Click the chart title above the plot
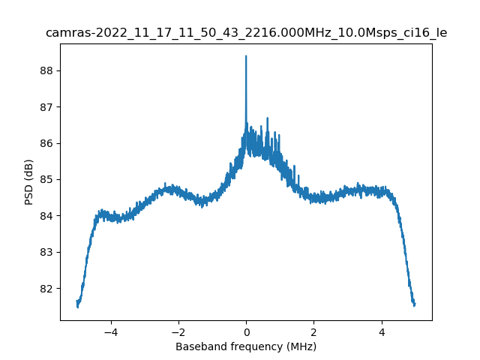click(x=246, y=33)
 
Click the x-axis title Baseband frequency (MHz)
click(x=246, y=346)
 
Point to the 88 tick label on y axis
click(x=45, y=70)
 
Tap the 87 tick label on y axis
click(x=45, y=107)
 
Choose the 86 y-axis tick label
click(x=45, y=143)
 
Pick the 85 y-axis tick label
click(x=45, y=179)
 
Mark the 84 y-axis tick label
click(x=45, y=216)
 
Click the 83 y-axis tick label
click(x=45, y=252)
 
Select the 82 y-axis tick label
click(x=45, y=288)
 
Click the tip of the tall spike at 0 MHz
click(x=246, y=56)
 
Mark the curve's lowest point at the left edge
click(x=77, y=307)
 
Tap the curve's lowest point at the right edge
click(x=414, y=305)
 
